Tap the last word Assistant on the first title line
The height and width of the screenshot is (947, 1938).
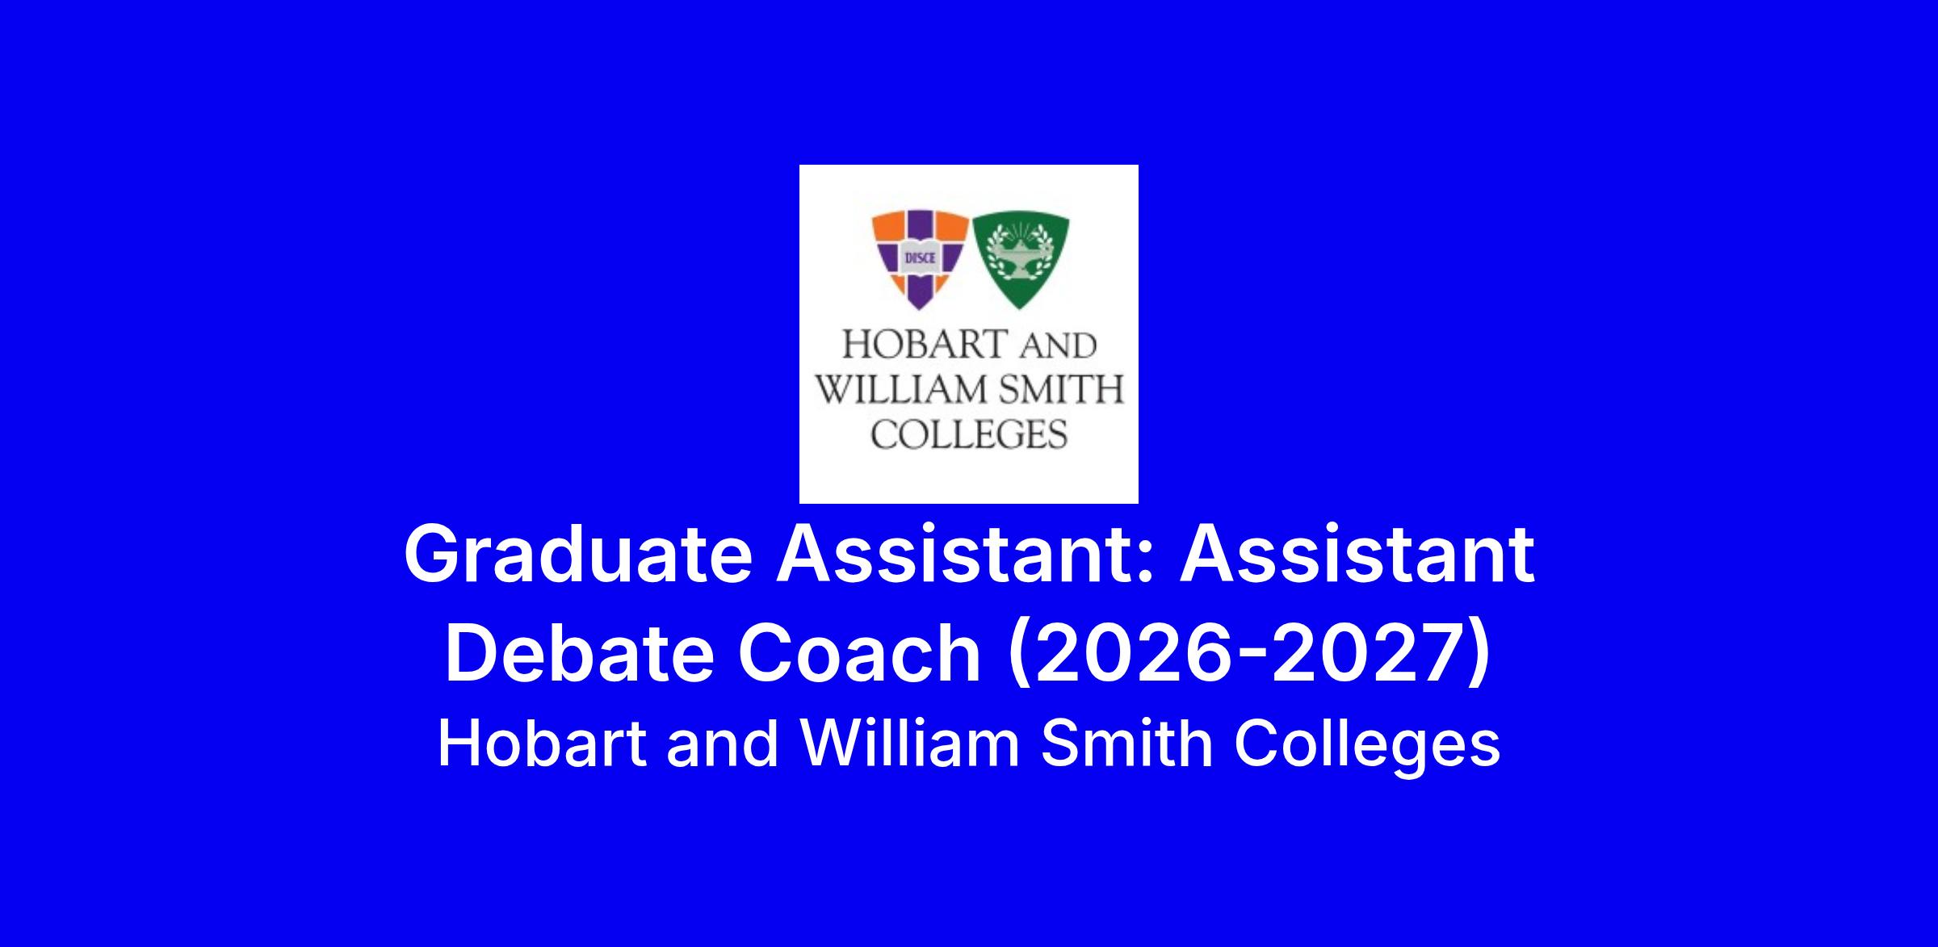point(1357,555)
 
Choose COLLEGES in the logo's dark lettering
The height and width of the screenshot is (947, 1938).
point(969,434)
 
